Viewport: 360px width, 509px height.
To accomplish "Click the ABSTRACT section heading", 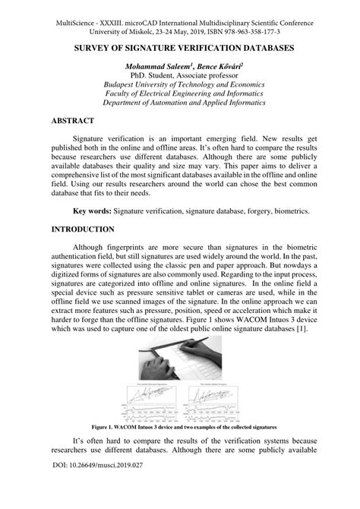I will click(72, 121).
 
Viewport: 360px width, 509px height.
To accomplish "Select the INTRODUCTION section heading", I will click(82, 229).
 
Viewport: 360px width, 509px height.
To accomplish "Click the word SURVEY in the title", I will click(100, 47).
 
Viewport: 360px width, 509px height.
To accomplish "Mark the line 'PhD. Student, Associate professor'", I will click(179, 77).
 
